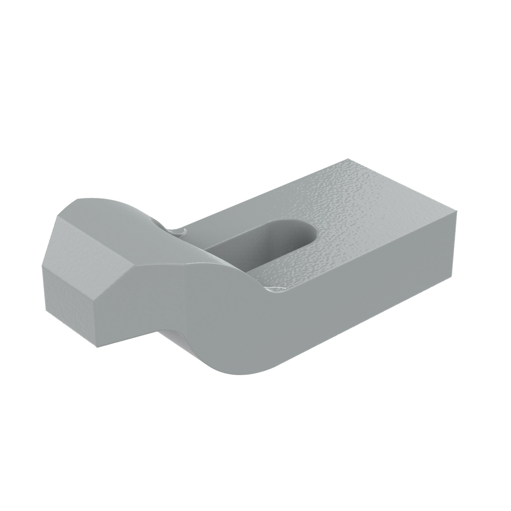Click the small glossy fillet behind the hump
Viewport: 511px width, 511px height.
[x=177, y=231]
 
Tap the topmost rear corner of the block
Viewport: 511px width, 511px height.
[x=349, y=158]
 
